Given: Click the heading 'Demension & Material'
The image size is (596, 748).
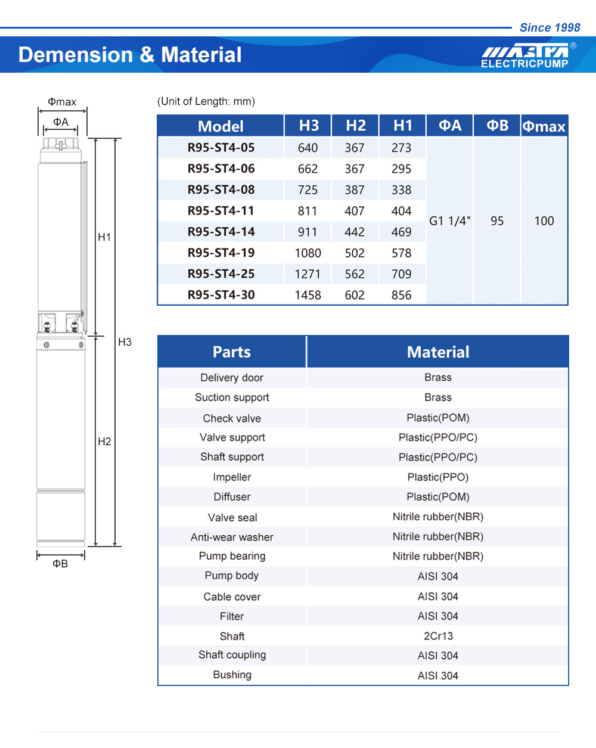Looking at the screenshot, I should coord(130,55).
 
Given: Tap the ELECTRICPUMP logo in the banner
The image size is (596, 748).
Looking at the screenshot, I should coord(524,55).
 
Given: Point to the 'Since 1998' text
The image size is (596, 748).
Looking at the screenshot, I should coord(550,27).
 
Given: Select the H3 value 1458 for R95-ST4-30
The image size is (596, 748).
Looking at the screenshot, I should coord(308,295).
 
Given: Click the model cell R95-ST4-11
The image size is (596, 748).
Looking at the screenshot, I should coord(221,211).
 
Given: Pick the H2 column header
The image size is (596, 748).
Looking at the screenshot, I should coord(355,126).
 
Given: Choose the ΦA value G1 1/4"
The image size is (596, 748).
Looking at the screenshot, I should coord(449,221).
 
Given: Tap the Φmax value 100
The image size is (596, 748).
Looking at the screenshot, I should coord(544,221).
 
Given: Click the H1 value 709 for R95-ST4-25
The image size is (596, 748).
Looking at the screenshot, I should coord(401,274).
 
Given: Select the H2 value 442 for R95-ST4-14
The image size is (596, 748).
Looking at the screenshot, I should coord(355,232).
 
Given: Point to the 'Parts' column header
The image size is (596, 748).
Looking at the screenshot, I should coord(232,352).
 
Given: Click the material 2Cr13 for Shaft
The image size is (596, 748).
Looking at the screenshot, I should coord(438,636).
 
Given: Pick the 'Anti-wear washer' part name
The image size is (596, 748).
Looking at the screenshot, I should coord(232,537).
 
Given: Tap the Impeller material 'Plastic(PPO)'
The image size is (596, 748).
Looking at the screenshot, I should coord(438,477).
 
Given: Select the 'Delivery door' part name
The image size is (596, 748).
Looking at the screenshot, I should coord(232,378).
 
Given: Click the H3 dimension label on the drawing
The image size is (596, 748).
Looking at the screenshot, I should coord(125,342).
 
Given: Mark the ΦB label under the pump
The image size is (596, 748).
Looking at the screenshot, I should coord(60,564).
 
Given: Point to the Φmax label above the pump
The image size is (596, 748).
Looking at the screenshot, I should coord(62,102).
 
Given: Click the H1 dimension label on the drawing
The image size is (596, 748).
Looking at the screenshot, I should coord(104,237).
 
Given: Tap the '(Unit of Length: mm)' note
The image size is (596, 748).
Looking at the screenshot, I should coord(206,101).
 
